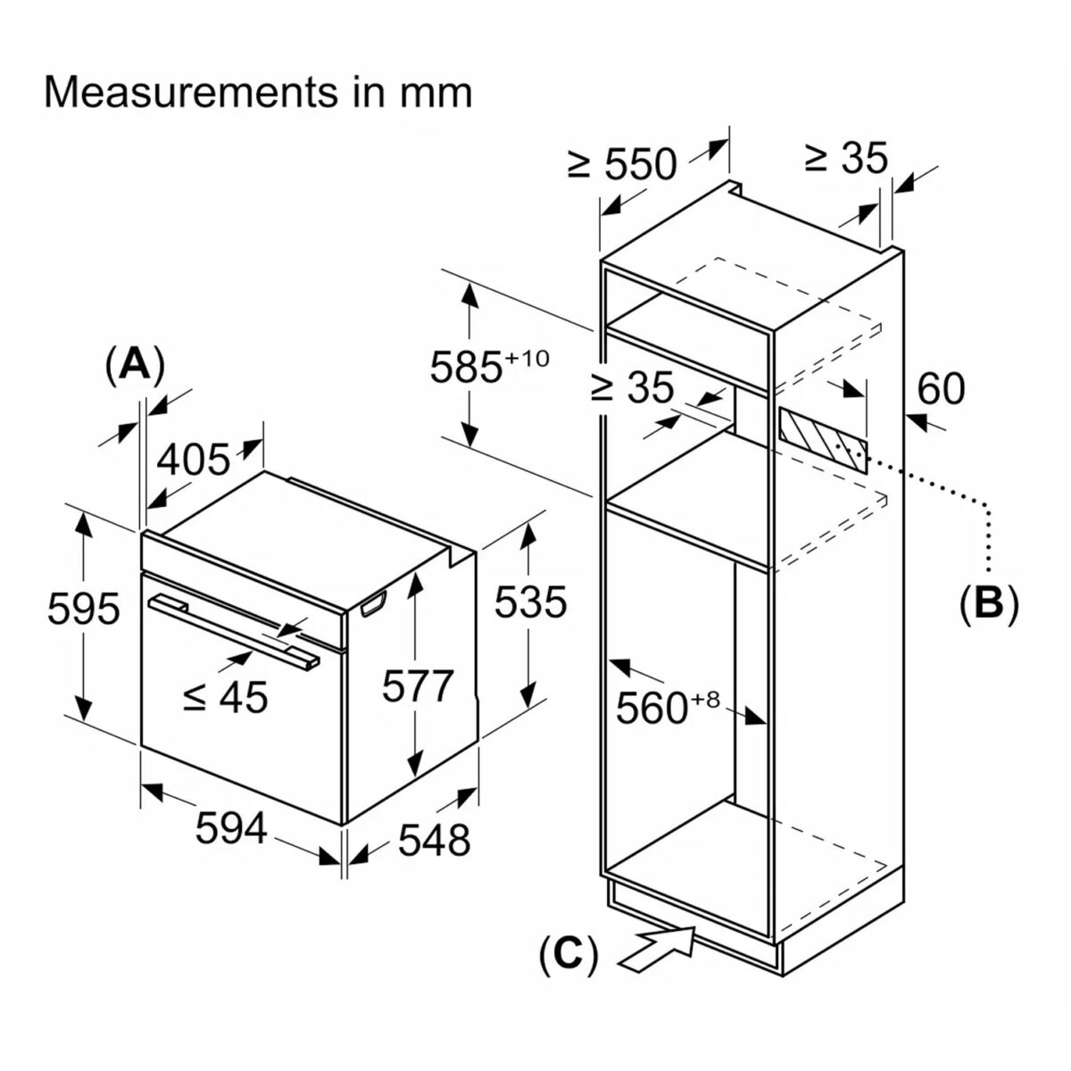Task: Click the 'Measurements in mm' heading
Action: [258, 92]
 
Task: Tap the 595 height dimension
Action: [83, 608]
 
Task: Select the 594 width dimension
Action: [231, 827]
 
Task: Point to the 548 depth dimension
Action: [434, 839]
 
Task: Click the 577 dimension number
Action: [418, 686]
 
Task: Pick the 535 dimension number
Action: [530, 602]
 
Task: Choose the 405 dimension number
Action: [194, 459]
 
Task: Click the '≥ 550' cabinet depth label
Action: [622, 164]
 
